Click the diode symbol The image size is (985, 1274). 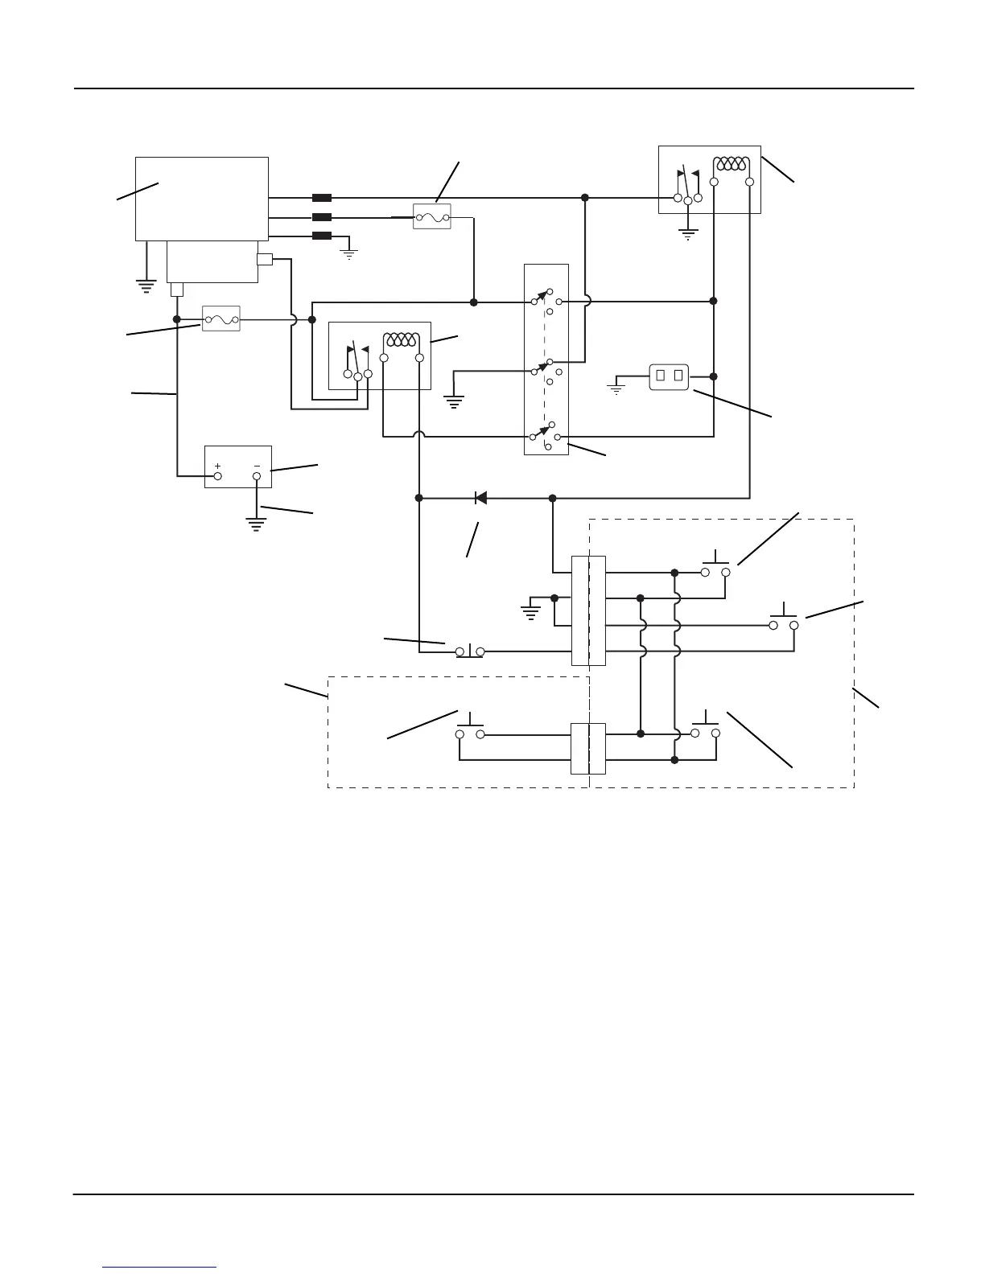click(480, 498)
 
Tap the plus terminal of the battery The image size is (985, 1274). click(217, 476)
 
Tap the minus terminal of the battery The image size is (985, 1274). click(257, 476)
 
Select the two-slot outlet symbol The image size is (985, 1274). click(670, 376)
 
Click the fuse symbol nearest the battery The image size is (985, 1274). click(220, 319)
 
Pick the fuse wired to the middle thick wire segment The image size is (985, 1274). click(432, 216)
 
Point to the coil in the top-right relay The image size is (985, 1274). click(731, 164)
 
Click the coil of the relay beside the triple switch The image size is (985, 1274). click(402, 340)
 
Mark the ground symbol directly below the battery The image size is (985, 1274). click(257, 524)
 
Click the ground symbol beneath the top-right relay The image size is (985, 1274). click(687, 234)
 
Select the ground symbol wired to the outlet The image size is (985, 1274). click(616, 390)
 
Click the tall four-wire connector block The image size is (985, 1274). click(588, 610)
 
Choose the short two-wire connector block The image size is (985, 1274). click(588, 748)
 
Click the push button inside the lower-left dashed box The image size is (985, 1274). click(470, 729)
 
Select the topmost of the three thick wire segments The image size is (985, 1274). click(322, 197)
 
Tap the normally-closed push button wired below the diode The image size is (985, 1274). click(470, 650)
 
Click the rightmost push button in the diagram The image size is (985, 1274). click(783, 619)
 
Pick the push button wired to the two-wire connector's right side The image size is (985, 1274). click(705, 728)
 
